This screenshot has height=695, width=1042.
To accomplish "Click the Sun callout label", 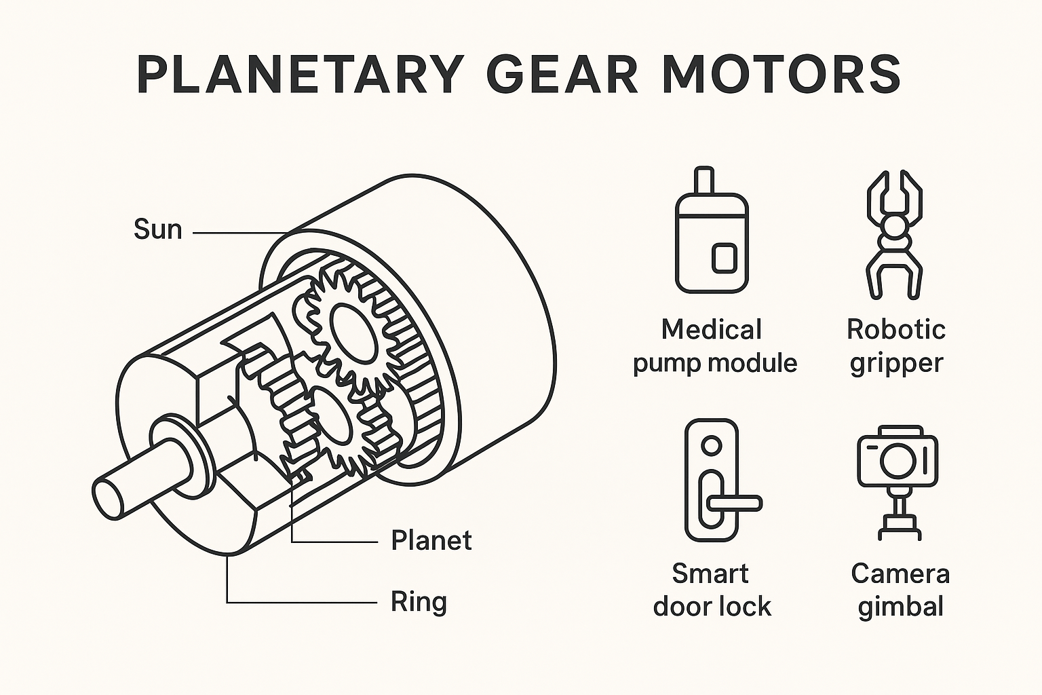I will (x=157, y=229).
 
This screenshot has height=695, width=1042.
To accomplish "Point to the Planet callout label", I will (x=431, y=541).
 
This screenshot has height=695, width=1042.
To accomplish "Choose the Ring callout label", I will (x=419, y=602).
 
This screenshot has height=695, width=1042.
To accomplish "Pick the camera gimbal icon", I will (x=898, y=482).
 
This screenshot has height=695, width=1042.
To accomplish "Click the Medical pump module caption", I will (x=714, y=346).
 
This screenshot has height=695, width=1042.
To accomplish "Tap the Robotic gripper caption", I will (x=895, y=346).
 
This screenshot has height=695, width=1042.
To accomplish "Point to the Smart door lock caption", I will (x=712, y=590).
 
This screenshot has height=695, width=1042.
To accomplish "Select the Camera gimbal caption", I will (x=900, y=590).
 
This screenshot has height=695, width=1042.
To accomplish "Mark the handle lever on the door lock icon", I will (x=733, y=503).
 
